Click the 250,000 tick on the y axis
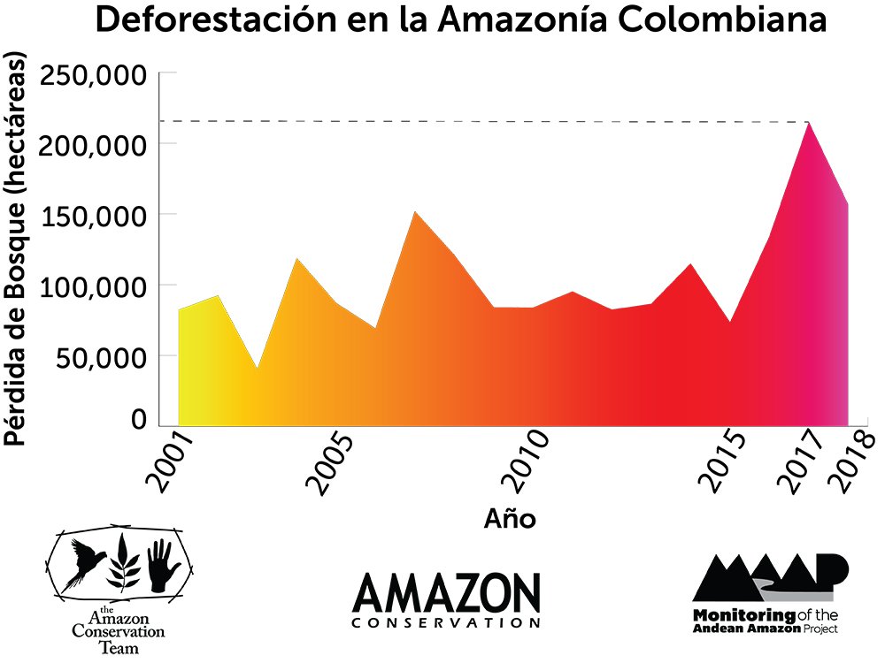pyautogui.click(x=92, y=77)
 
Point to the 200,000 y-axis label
pyautogui.click(x=92, y=144)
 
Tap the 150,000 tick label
pyautogui.click(x=92, y=215)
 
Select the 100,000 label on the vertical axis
pyautogui.click(x=92, y=286)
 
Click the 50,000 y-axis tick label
pyautogui.click(x=99, y=357)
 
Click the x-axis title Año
pyautogui.click(x=510, y=518)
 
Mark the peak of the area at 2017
pyautogui.click(x=809, y=124)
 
